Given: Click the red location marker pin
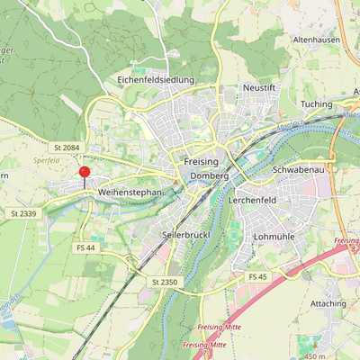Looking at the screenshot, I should [84, 172].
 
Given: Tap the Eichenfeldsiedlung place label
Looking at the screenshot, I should [156, 79].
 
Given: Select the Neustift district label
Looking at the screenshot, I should [258, 87].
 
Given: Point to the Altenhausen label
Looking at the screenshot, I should [317, 40].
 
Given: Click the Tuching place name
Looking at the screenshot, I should [316, 104].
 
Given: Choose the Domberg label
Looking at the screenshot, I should [209, 176].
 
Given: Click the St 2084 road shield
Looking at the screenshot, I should [67, 146].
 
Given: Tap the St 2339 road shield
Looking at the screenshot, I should [23, 212].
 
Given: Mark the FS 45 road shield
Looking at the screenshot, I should [258, 275].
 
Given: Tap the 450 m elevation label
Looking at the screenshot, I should [317, 355].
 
